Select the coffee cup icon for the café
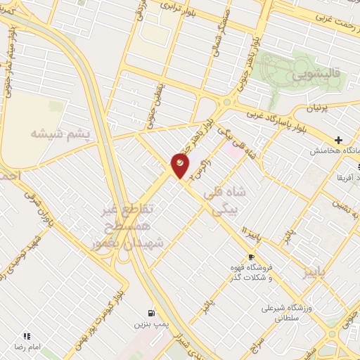[x=251, y=257]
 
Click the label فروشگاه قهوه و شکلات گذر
[x=252, y=273]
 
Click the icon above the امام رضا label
[x=27, y=337]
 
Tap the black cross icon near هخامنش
[x=339, y=140]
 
